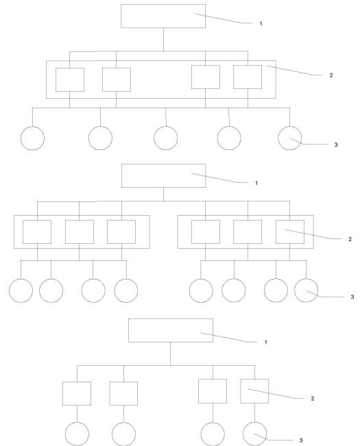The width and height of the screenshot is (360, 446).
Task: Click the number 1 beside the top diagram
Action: point(261,23)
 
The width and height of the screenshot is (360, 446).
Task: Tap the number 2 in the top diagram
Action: point(331,75)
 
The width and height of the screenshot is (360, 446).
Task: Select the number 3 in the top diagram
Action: point(336,145)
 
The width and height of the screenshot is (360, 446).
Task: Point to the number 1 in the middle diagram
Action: point(256,183)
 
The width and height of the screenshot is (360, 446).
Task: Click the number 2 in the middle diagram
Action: point(350,239)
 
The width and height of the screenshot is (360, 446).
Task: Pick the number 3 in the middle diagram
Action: point(352,297)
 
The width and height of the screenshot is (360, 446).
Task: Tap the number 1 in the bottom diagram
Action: point(266,342)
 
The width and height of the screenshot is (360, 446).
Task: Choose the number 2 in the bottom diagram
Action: point(313,399)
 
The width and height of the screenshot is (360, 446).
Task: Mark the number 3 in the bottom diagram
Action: point(301,441)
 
